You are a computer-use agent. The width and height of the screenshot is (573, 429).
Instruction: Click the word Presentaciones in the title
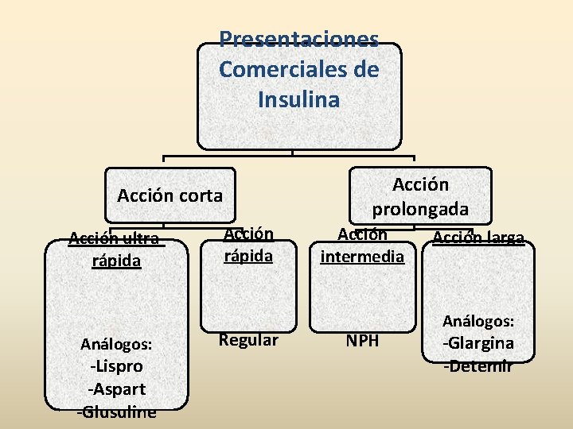[x=298, y=39]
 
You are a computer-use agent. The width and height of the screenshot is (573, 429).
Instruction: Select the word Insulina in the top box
[x=298, y=100]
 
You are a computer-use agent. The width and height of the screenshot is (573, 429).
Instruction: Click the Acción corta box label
[x=170, y=195]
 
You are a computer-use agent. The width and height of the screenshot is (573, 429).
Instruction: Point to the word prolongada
[x=420, y=211]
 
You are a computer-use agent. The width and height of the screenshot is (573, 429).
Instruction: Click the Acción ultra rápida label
[x=115, y=249]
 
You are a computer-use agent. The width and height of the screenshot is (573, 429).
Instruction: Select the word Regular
[x=248, y=341]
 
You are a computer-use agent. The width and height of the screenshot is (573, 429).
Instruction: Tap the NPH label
[x=362, y=342]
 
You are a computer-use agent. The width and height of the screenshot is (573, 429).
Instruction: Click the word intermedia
[x=362, y=257]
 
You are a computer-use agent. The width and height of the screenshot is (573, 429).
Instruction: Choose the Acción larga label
[x=477, y=238]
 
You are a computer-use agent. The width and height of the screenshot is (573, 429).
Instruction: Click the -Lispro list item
[x=117, y=367]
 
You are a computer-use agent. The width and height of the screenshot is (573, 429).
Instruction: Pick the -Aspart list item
[x=117, y=390]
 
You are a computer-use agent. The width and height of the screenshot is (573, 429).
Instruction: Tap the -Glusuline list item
[x=117, y=412]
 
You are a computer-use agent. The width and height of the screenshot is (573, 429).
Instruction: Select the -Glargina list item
[x=478, y=344]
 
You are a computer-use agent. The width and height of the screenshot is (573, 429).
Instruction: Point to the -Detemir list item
[x=478, y=366]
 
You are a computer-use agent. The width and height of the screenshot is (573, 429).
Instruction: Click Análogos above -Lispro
[x=116, y=345]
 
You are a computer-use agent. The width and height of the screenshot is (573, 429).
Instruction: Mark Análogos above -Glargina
[x=478, y=322]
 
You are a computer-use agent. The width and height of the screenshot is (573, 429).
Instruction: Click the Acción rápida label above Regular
[x=248, y=245]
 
